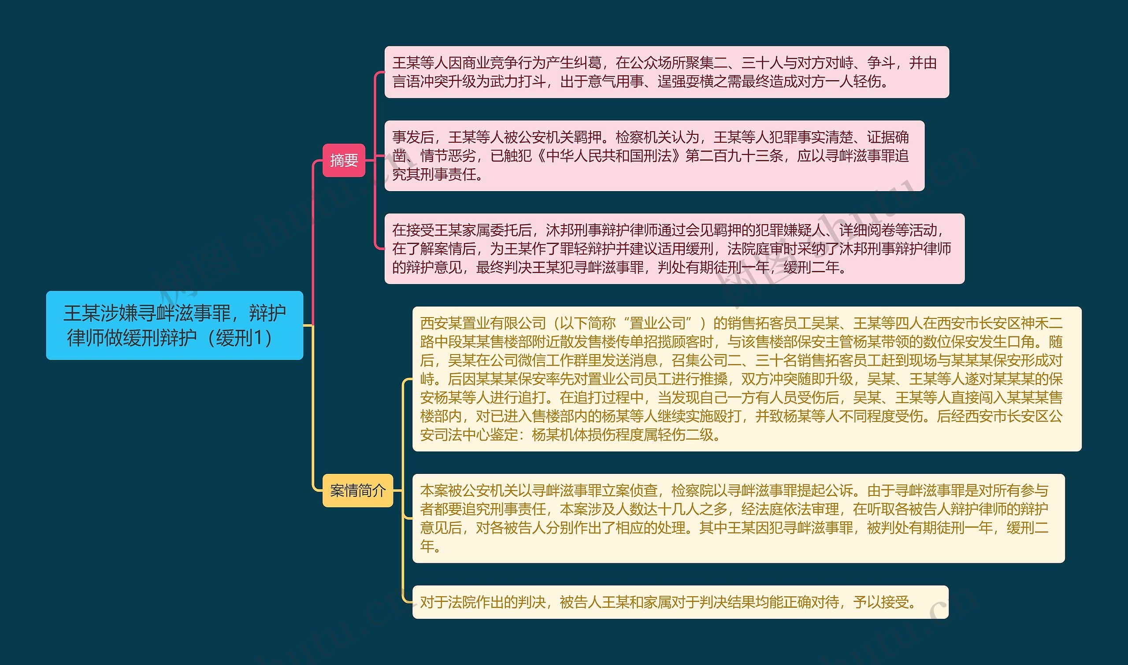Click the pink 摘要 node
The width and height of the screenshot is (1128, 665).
(344, 160)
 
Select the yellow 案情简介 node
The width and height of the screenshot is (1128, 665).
(357, 491)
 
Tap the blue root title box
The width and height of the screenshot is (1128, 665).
(174, 325)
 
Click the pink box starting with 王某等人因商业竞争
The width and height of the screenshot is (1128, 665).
(666, 72)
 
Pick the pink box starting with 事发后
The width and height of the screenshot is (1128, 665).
(654, 155)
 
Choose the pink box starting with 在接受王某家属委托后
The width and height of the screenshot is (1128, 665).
(674, 249)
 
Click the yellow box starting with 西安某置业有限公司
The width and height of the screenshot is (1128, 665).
(746, 379)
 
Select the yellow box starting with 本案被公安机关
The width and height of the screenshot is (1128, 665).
(738, 518)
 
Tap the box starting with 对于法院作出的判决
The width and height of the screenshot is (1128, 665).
(680, 602)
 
